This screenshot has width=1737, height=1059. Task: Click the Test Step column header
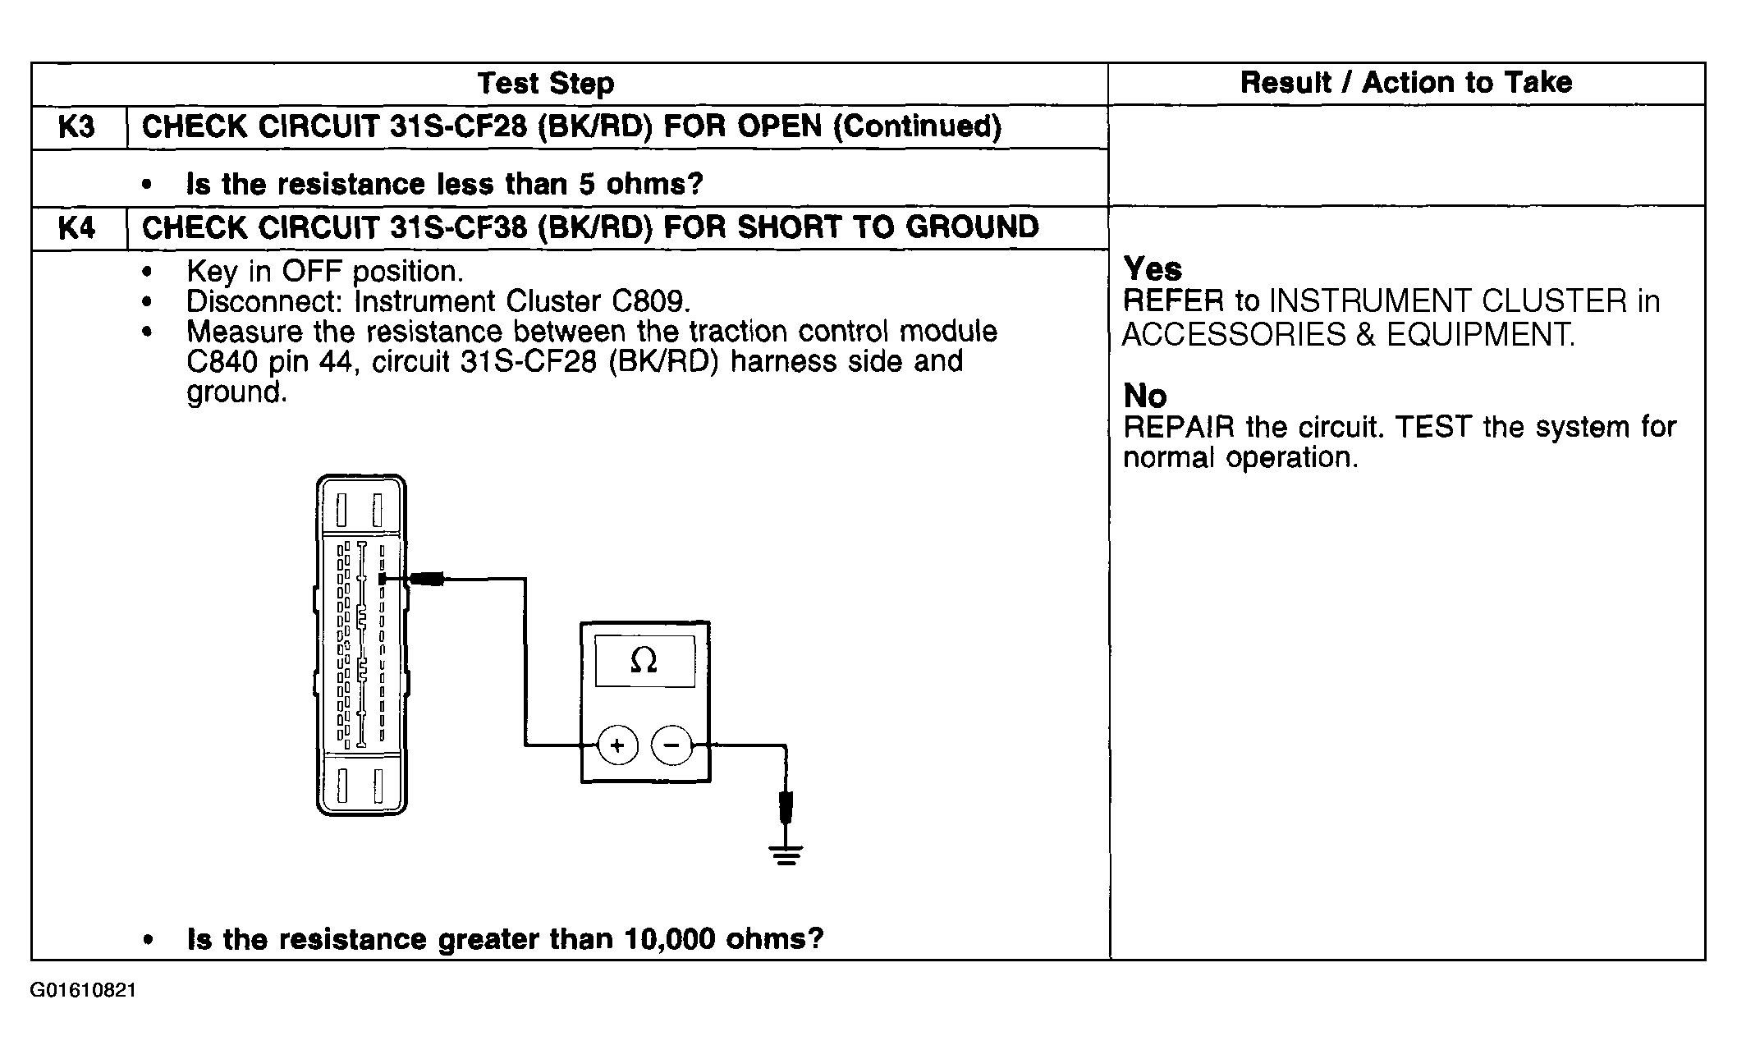point(545,84)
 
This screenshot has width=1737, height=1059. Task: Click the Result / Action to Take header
point(1405,83)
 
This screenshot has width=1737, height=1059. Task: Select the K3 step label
point(76,127)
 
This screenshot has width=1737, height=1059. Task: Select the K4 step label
point(76,228)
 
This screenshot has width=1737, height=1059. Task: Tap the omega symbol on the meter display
point(644,660)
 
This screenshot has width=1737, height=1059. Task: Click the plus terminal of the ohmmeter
point(617,745)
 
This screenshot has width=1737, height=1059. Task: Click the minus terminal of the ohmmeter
point(671,745)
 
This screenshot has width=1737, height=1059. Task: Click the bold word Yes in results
point(1153,269)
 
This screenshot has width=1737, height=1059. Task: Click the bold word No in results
point(1144,397)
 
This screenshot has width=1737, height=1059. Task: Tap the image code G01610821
point(84,991)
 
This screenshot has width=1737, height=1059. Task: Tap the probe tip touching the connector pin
point(383,580)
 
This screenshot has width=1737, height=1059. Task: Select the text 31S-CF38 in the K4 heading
point(458,227)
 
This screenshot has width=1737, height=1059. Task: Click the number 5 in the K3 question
point(586,184)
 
